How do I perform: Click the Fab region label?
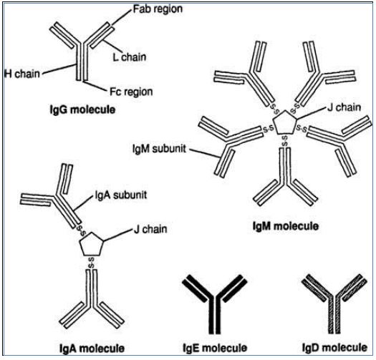(158, 9)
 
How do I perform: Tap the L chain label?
(129, 57)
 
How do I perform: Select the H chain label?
(22, 74)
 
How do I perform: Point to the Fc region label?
(131, 92)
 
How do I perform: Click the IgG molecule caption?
(82, 110)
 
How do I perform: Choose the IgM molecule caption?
(286, 226)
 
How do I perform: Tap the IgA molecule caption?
(92, 349)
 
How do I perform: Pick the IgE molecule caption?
(215, 348)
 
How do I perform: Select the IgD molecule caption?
(334, 347)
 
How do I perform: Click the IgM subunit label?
(159, 149)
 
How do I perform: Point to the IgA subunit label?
(121, 195)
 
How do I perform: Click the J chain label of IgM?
(344, 107)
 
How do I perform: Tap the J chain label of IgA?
(150, 229)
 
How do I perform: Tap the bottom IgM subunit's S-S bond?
(284, 141)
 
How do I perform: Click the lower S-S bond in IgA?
(91, 263)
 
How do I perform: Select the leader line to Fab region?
(122, 17)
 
